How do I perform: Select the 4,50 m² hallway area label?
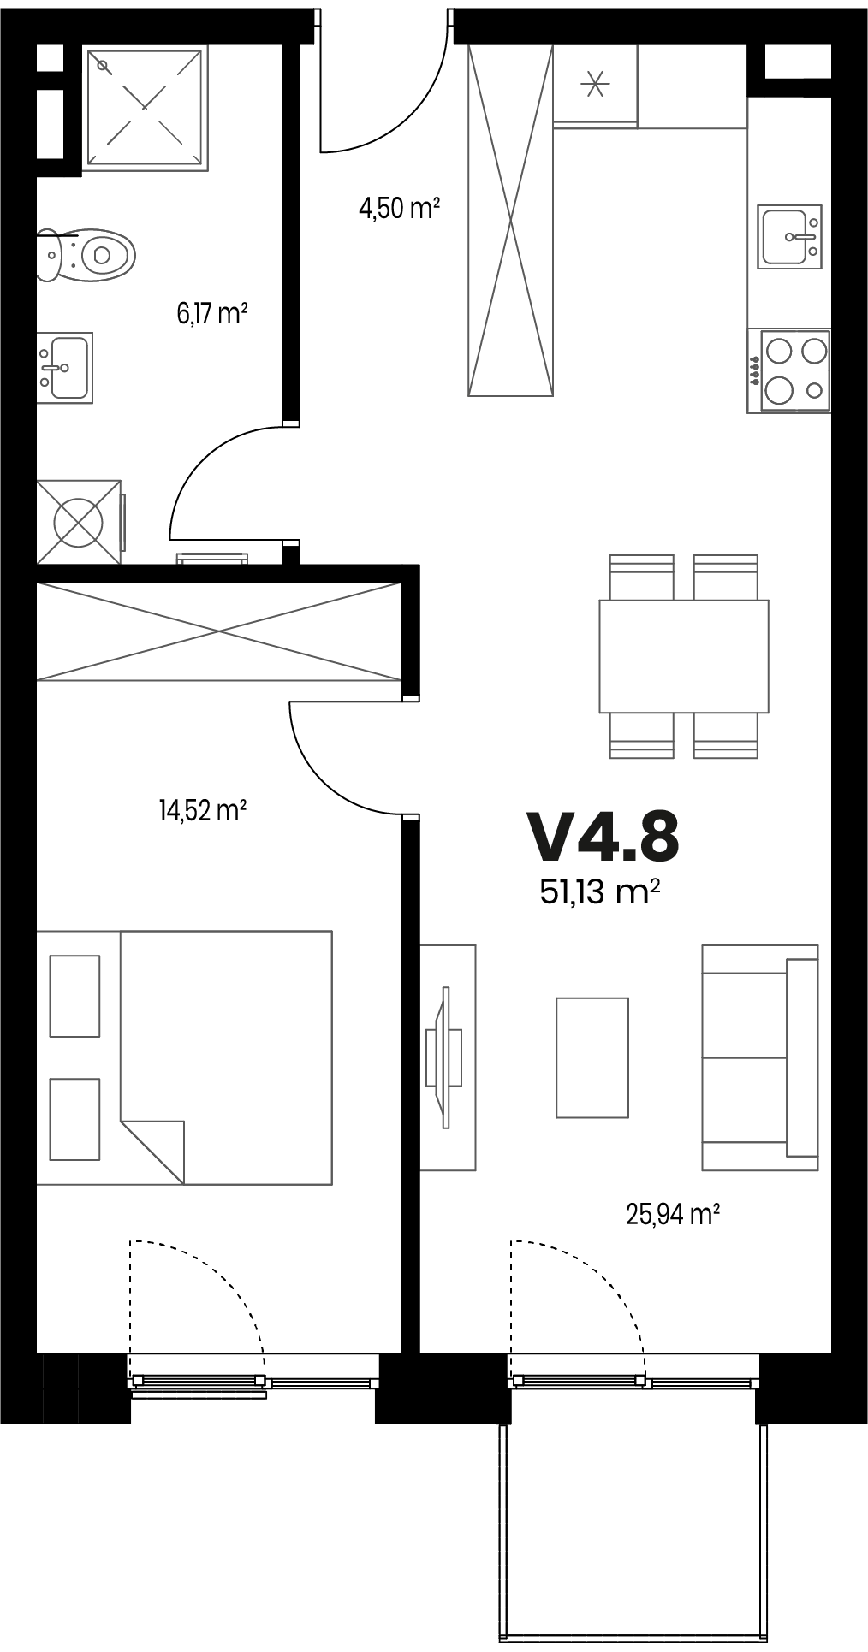[399, 208]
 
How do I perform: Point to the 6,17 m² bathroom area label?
[212, 314]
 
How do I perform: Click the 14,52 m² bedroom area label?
[203, 809]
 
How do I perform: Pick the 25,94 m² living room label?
[672, 1214]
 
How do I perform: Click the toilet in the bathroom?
[86, 254]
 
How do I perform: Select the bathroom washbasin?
[64, 367]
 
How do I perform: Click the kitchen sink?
[788, 235]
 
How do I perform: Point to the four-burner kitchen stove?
[788, 371]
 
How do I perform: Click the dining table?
[683, 656]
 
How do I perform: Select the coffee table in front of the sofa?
[592, 1057]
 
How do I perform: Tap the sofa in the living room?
[760, 1057]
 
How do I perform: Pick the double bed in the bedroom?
[184, 1057]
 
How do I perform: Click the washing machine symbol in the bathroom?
[80, 521]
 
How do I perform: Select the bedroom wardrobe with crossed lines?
[219, 631]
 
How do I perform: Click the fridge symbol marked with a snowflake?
[595, 84]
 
